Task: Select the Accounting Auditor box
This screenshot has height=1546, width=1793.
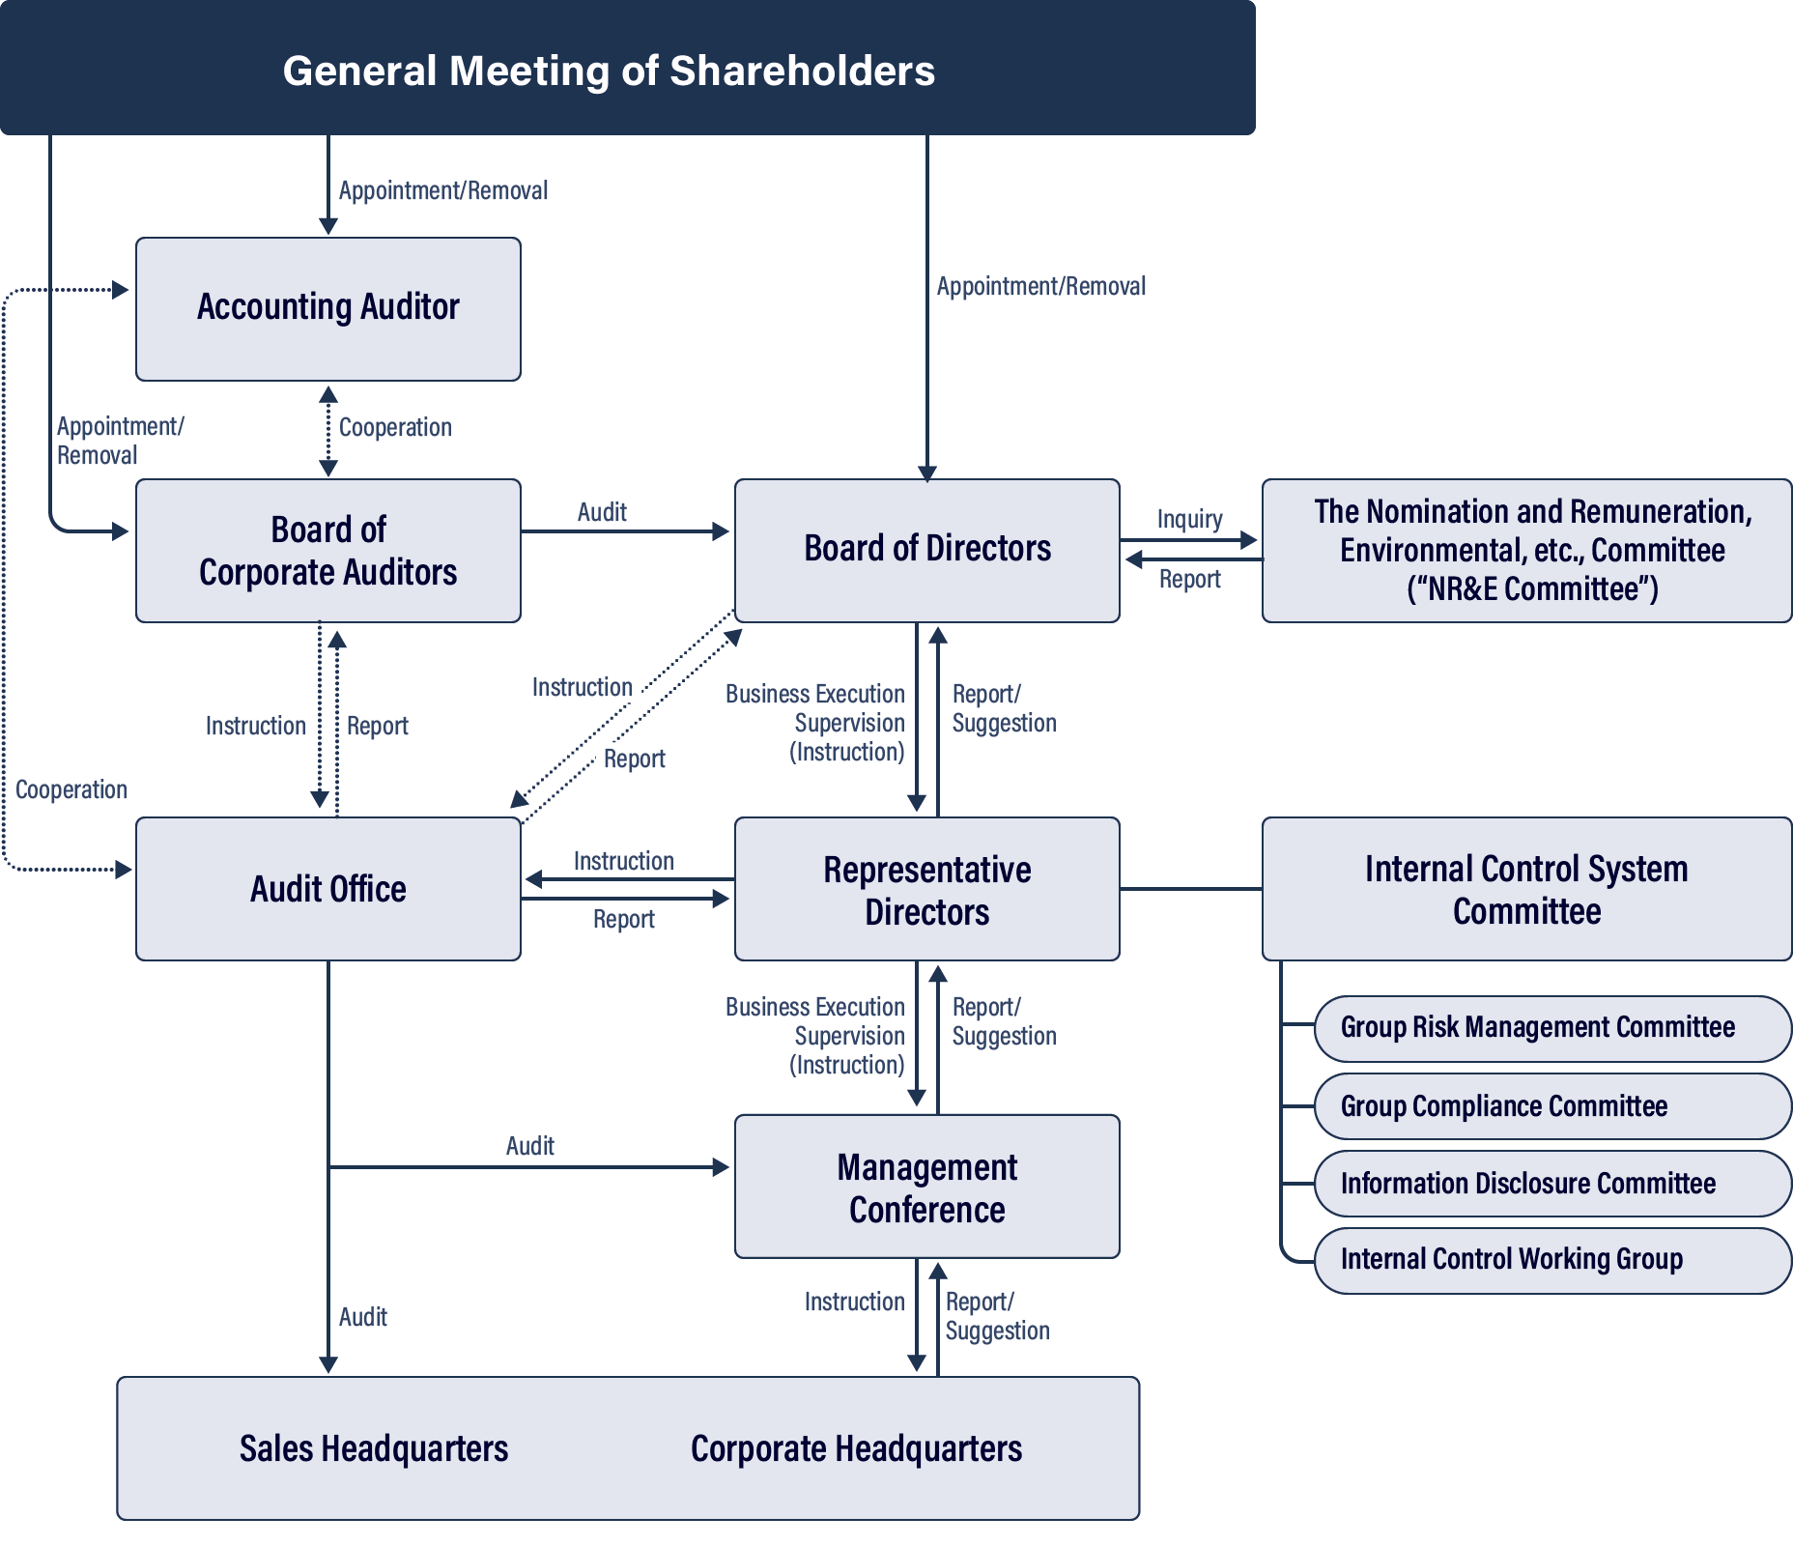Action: (328, 308)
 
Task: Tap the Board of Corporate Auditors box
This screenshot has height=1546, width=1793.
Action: (328, 550)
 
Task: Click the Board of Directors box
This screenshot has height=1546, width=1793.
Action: (926, 550)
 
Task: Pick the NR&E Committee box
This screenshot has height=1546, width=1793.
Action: (1526, 550)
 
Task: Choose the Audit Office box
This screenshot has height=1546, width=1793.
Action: (328, 888)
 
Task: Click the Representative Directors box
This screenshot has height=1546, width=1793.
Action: (926, 889)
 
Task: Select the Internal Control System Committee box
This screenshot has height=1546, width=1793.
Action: (1526, 889)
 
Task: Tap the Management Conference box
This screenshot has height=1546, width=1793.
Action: (926, 1187)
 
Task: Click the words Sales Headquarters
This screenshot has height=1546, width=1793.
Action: (374, 1448)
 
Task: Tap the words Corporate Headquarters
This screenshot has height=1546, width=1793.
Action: (856, 1448)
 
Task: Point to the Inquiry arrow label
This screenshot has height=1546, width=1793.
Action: (1189, 519)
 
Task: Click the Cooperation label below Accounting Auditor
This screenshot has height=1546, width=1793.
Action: (395, 427)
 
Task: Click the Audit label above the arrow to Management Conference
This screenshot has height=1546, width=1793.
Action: (529, 1146)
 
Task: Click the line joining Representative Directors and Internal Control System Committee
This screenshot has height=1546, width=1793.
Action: (1190, 888)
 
